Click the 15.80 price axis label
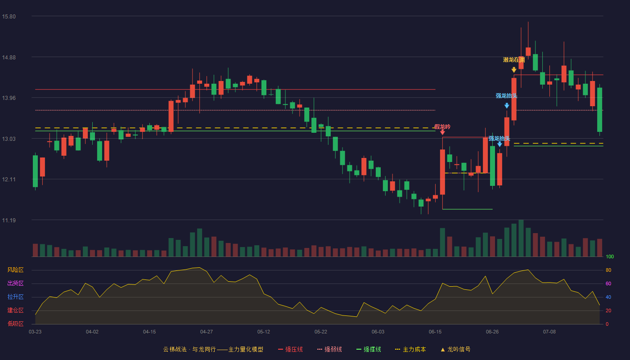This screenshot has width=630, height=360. [9, 17]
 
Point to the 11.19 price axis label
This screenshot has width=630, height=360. [9, 220]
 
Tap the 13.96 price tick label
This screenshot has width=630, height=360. [9, 98]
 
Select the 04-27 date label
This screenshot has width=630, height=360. [207, 332]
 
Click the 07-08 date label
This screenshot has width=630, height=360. [549, 332]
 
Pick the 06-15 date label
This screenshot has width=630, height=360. [435, 332]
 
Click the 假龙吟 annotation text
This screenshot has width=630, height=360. [442, 127]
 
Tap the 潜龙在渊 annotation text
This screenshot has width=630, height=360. [514, 60]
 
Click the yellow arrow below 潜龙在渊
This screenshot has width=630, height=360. [514, 70]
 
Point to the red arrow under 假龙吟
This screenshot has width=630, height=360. [442, 132]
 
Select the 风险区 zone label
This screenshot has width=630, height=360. [15, 270]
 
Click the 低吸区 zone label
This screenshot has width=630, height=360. [15, 324]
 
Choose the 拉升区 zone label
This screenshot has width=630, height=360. [15, 297]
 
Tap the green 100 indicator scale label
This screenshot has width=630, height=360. [610, 257]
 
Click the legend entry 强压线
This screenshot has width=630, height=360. [290, 350]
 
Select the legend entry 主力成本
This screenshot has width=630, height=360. [410, 350]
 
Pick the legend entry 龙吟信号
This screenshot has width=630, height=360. [455, 350]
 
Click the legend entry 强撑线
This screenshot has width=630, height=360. [369, 350]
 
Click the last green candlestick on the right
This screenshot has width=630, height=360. [599, 110]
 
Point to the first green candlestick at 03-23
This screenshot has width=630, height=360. [35, 171]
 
